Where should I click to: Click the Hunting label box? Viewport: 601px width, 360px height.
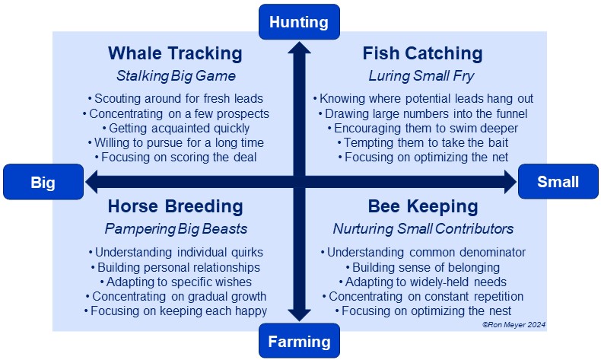pos(299,22)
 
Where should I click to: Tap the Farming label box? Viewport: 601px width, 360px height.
pos(299,341)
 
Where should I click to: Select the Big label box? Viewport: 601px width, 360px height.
pos(43,182)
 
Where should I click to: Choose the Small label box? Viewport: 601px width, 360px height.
pos(558,181)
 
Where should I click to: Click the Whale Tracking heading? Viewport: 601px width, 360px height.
pos(175,53)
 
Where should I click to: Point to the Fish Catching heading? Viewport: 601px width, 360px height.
pos(422,53)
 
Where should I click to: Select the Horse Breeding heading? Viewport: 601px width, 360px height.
pos(175,206)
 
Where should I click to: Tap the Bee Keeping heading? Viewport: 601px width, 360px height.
pos(423,206)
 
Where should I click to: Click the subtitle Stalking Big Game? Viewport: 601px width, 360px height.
pos(176,76)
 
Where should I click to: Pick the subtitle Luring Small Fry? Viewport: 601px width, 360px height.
pos(421,76)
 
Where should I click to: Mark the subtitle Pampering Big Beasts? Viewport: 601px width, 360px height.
pos(176,229)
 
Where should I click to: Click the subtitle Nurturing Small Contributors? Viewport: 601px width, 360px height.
pos(423,229)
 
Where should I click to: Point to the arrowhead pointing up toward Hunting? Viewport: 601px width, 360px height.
pos(299,48)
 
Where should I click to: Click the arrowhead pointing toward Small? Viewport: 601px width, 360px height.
pos(510,182)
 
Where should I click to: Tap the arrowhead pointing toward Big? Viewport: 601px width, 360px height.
pos(92,182)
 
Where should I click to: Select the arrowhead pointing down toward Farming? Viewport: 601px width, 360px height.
pos(299,315)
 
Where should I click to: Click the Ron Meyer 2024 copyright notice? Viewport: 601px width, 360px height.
pos(514,325)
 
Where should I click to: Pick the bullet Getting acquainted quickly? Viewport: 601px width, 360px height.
pos(176,128)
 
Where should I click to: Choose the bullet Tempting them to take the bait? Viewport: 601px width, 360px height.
pos(423,142)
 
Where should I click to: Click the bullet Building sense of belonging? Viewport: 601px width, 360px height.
pos(423,267)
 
